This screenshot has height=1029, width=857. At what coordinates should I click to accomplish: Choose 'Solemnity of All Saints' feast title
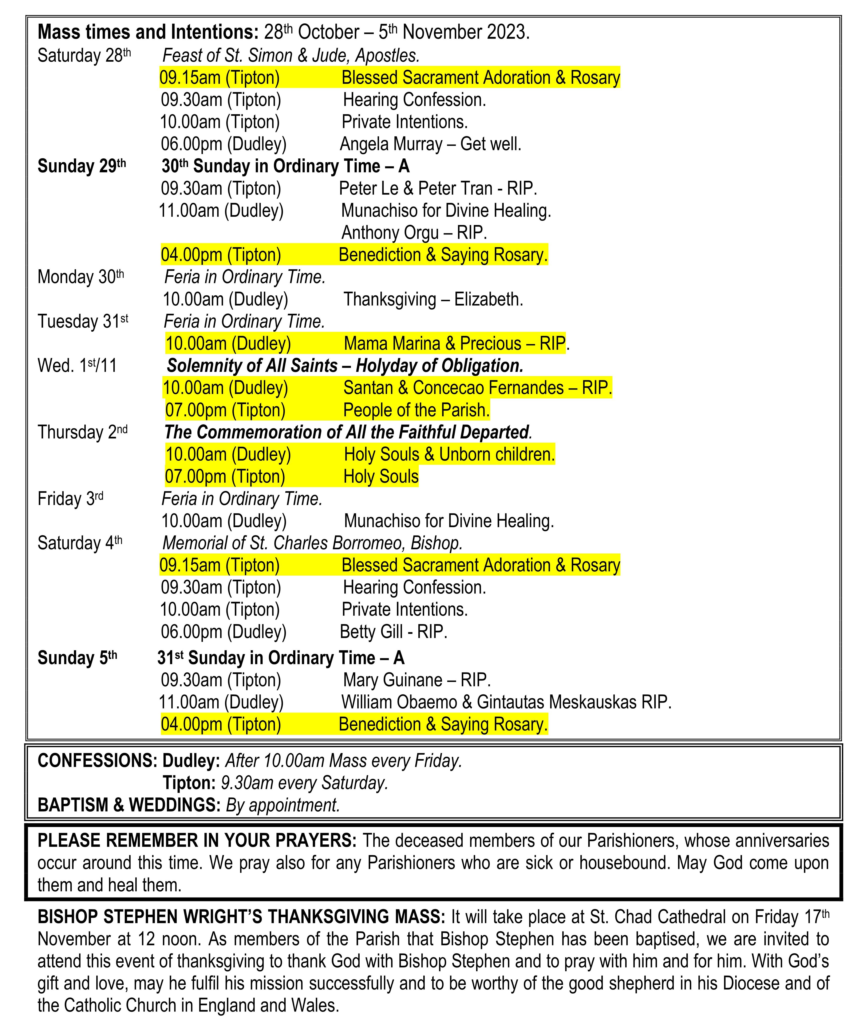click(x=252, y=366)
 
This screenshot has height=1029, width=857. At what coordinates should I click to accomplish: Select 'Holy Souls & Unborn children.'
click(x=449, y=454)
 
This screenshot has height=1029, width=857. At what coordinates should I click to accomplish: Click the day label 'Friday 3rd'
click(x=70, y=499)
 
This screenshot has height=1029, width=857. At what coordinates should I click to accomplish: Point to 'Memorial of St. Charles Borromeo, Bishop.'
click(x=312, y=543)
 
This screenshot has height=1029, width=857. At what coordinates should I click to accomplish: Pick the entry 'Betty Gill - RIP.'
click(x=394, y=632)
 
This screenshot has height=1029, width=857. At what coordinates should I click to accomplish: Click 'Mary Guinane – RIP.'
click(x=416, y=680)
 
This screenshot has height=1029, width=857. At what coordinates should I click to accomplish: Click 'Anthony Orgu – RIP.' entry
click(x=414, y=233)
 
